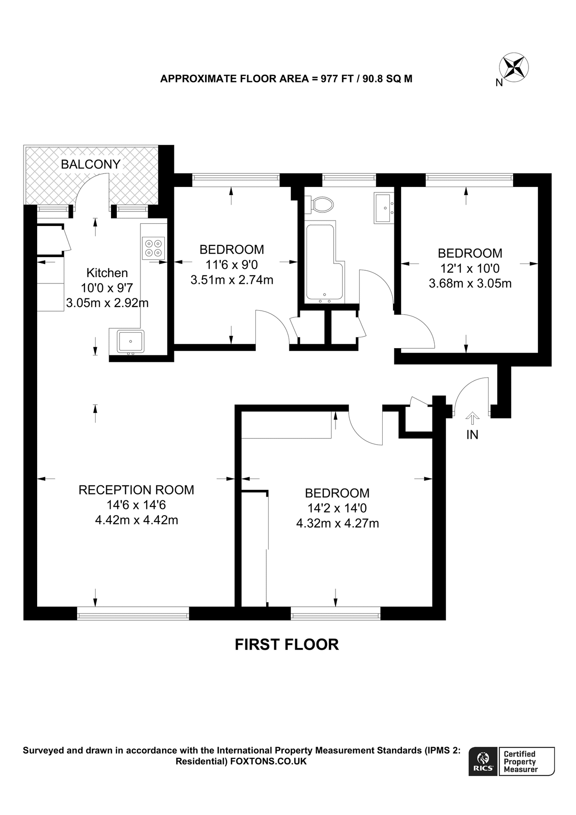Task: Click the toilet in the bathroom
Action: pos(322,205)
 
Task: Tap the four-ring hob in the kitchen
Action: pos(153,248)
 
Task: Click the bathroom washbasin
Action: pos(385,208)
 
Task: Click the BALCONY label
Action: pos(91,164)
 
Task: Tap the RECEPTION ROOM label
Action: pos(136,490)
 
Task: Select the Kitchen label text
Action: pos(107,273)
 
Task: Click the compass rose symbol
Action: pos(514,67)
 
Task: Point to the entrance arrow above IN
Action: pos(472,418)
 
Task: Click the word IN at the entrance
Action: pos(472,435)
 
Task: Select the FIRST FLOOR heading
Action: pos(287,644)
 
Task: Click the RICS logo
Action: pos(483,762)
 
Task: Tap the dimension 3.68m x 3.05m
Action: pos(470,284)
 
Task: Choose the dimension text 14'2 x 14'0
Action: pos(337,508)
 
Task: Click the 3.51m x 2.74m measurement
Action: pos(232,280)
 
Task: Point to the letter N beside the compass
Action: pos(499,83)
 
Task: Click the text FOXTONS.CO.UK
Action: pos(269,761)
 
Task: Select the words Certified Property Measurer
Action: pos(521,762)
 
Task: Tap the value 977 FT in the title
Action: pos(337,79)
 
